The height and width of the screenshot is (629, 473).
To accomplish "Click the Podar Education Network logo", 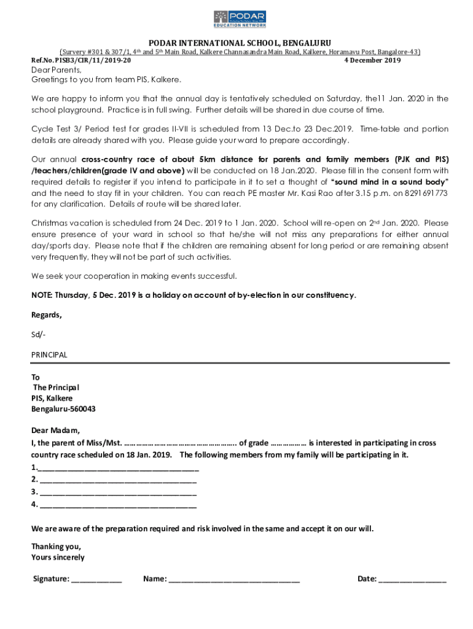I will [240, 18].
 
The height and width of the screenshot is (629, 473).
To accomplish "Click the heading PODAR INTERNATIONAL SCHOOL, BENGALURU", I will [240, 43].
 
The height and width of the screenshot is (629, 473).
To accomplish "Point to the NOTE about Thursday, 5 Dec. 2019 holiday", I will [193, 295].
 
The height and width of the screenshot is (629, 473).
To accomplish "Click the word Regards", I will [47, 315].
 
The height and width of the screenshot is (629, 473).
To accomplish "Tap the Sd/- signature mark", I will [38, 335].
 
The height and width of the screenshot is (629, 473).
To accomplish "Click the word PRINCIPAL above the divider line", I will [49, 355].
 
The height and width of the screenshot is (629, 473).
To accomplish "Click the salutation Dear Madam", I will [55, 430].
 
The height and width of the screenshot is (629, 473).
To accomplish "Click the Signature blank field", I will [96, 579].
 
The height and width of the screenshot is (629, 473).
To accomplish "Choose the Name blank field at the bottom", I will [234, 579].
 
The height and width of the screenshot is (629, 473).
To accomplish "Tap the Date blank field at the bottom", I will [413, 579].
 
